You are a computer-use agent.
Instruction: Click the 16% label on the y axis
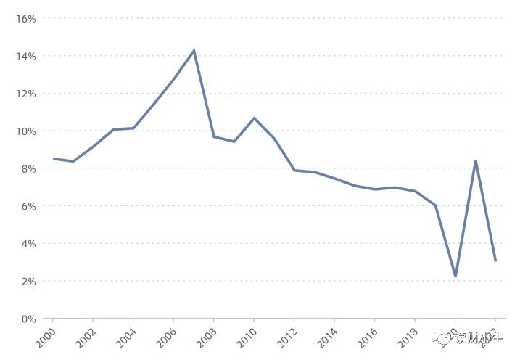25,18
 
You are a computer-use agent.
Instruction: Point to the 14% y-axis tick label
25,56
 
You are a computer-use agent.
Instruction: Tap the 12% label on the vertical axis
25,94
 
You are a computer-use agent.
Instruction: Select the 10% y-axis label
25,131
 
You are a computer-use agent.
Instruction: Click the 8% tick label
28,168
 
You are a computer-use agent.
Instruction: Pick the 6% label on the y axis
28,206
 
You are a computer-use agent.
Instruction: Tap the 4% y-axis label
28,244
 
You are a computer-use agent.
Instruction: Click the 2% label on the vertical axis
28,281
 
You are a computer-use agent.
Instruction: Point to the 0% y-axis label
28,319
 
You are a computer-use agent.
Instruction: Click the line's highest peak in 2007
194,50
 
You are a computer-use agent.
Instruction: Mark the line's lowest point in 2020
455,277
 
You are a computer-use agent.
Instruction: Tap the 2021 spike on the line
475,160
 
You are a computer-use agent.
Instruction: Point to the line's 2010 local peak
254,118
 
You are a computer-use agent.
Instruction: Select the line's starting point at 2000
53,158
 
